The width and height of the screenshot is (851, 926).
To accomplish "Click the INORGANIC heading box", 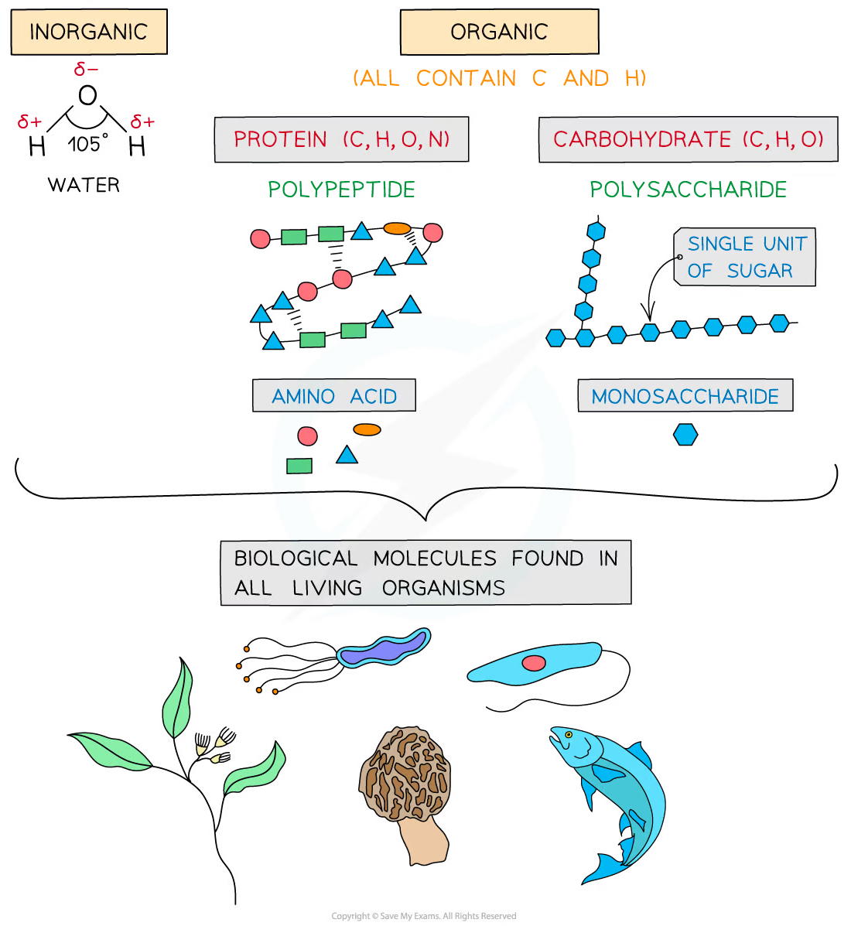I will [89, 32].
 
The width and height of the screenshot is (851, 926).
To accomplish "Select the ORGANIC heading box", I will [499, 32].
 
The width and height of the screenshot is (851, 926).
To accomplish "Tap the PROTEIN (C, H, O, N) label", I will [341, 139].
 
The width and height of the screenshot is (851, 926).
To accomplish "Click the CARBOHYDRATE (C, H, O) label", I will [688, 139].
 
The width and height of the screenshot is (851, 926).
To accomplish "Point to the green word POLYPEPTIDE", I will [341, 190].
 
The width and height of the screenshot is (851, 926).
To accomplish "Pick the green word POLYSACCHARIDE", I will [688, 190].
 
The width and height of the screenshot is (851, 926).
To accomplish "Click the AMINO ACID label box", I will [334, 396].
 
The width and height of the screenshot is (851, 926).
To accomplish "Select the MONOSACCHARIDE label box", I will [685, 396].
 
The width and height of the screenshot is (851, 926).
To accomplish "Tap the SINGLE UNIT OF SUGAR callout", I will [745, 258].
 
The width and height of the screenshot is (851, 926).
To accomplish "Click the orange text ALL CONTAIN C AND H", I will [499, 78].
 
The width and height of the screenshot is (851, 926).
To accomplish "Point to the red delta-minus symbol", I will [86, 70].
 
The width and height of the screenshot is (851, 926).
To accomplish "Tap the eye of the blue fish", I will [568, 734].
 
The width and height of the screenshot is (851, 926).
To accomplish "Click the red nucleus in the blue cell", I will [534, 663].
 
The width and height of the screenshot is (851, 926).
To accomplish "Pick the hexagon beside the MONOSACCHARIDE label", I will [685, 435].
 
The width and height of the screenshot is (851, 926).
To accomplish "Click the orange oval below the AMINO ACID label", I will [367, 429].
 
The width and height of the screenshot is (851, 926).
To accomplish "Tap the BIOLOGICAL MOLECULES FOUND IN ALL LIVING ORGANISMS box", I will [425, 572].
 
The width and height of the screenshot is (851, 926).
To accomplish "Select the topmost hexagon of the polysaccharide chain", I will [596, 231].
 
